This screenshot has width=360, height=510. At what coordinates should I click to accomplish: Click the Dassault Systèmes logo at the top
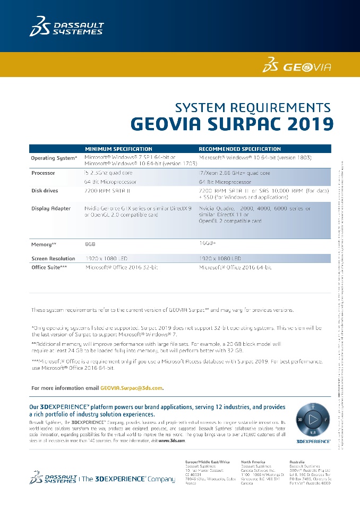tap(66, 27)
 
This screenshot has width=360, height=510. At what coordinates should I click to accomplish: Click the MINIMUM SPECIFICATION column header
tap(118, 149)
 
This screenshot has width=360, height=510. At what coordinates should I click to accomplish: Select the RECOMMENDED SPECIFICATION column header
tap(240, 149)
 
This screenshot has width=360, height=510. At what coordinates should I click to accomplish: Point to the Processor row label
tap(43, 173)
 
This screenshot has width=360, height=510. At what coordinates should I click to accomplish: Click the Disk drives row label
tap(45, 191)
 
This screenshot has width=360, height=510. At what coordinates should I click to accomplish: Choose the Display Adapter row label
tap(51, 208)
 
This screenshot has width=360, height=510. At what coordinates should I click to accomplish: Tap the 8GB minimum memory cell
tap(90, 244)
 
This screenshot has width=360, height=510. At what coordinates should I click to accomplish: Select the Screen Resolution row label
tap(53, 259)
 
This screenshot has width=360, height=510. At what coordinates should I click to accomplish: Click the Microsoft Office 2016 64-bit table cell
tap(235, 267)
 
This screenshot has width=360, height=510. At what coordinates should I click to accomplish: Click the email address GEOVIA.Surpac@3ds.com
tap(132, 388)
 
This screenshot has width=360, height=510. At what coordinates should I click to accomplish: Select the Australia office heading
tap(297, 461)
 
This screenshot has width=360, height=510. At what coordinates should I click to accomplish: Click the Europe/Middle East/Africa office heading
tap(208, 461)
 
